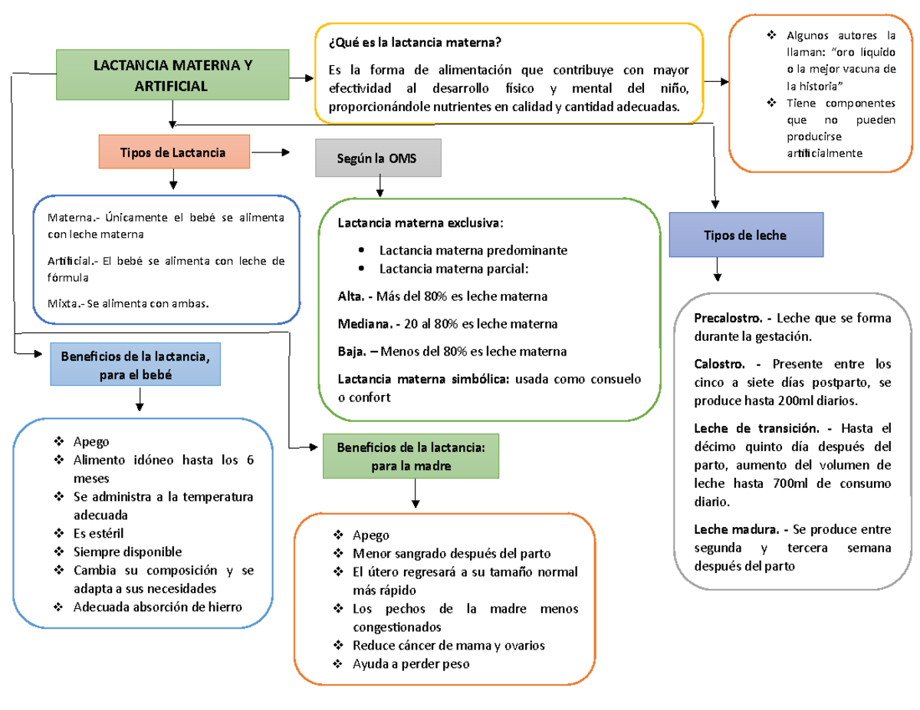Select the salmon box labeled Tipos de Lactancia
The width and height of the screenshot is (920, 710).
[x=174, y=152]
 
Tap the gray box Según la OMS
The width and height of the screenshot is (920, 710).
[x=379, y=158]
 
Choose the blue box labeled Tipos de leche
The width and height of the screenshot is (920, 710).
[x=746, y=235]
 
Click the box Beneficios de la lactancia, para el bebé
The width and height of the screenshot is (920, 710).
[x=136, y=365]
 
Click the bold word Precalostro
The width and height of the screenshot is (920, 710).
[x=728, y=318]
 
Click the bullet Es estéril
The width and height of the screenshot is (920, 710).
[x=98, y=534]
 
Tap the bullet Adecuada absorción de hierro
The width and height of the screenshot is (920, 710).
[x=157, y=607]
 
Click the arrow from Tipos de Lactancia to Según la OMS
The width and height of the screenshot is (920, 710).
[x=271, y=153]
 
